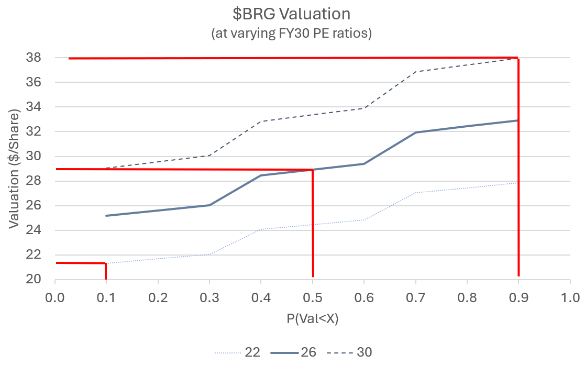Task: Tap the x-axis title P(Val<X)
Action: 312,318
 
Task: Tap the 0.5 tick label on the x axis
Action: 313,298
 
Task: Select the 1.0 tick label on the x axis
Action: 570,298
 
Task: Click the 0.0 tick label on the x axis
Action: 55,298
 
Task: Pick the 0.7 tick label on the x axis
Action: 415,298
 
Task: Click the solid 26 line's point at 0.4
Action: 261,175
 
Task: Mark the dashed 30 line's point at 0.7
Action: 415,71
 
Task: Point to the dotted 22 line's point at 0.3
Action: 209,255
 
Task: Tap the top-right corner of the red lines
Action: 518,58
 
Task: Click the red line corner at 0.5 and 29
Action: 313,170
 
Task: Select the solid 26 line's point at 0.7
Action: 415,132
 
